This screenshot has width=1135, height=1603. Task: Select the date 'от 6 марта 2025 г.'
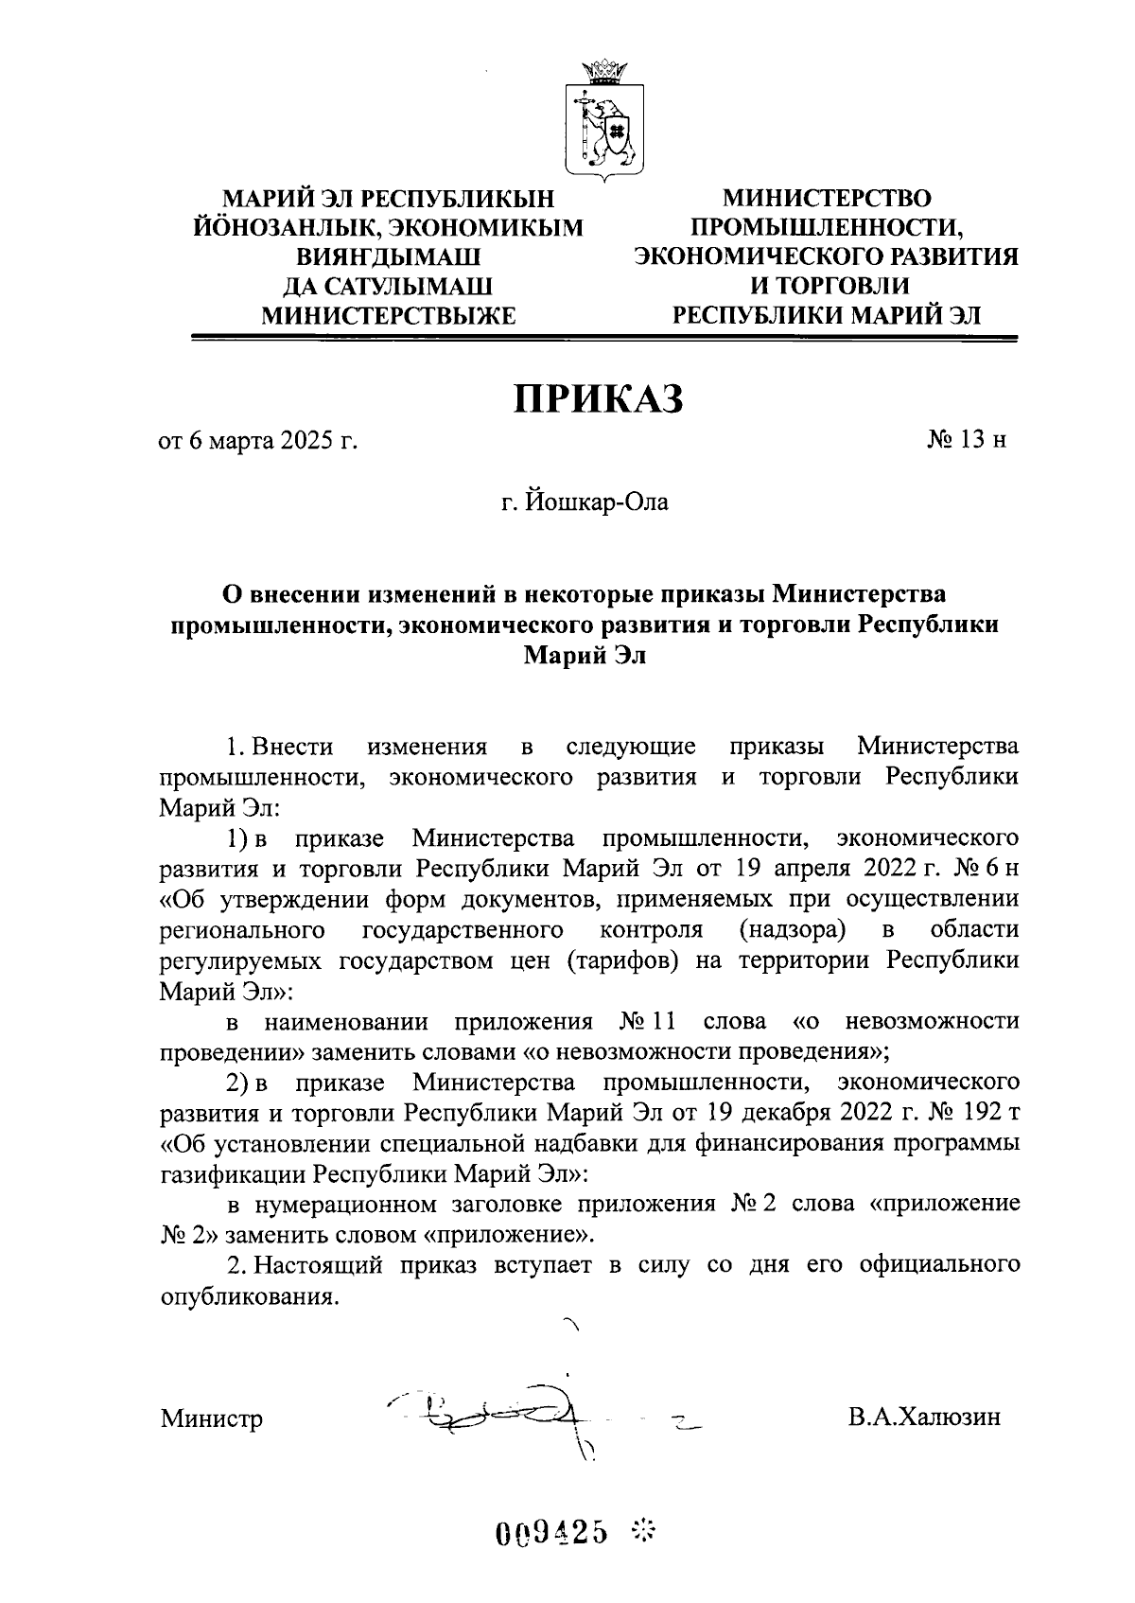(258, 441)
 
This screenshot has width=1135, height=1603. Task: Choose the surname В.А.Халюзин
(924, 1418)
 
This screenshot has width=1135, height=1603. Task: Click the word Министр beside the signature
(212, 1419)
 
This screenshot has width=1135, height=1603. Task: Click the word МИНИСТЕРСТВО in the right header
(827, 199)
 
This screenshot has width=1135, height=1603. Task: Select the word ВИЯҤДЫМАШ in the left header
(387, 256)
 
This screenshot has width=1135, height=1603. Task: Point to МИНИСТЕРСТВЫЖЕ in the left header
(388, 315)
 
